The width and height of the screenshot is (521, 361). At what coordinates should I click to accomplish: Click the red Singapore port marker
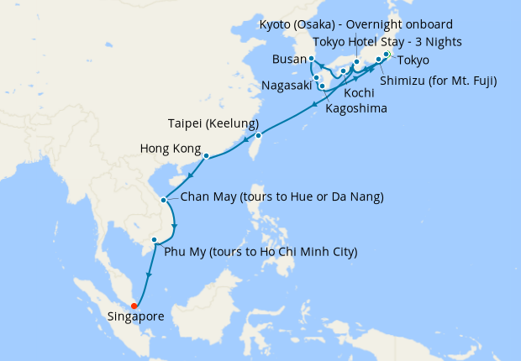tap(134, 306)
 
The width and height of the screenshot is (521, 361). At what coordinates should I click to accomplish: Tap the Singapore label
tap(135, 317)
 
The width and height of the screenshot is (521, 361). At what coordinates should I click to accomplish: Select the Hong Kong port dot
tap(206, 155)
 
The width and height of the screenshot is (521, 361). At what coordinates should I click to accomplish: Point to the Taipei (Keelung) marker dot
tap(259, 135)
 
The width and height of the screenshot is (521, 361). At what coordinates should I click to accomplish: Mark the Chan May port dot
tap(162, 199)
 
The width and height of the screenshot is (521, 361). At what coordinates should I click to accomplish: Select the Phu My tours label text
tap(260, 251)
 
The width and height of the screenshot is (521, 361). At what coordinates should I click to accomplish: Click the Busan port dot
tap(312, 59)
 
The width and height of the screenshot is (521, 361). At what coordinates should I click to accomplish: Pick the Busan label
tap(289, 60)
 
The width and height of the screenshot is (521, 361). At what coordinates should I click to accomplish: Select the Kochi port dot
tap(344, 71)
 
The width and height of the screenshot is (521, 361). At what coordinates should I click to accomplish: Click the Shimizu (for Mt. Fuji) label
tap(438, 81)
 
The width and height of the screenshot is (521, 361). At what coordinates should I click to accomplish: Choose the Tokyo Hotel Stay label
tap(387, 42)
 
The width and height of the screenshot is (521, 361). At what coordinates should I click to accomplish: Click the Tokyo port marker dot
tap(387, 55)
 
